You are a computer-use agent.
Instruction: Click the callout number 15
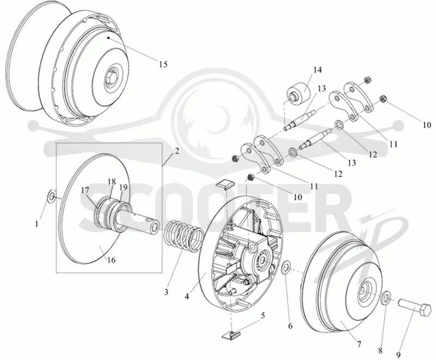163,64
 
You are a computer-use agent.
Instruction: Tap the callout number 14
317,70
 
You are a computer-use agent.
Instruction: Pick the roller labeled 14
298,94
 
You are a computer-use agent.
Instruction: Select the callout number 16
111,260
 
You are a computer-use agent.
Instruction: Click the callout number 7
359,344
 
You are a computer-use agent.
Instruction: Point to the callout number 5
262,315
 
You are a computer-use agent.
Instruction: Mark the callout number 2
177,151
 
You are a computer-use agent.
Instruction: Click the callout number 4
187,297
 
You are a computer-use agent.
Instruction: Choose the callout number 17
86,190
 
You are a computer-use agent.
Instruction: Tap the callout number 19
123,187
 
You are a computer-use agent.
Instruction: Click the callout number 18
112,182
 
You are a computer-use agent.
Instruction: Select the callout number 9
398,355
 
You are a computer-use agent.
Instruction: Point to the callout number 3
166,292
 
